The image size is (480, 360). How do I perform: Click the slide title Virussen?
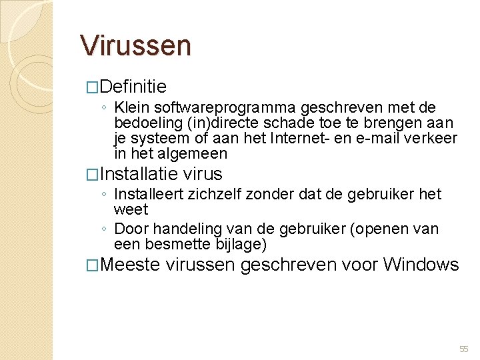pos(135,45)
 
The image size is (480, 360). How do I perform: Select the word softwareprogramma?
pos(227,107)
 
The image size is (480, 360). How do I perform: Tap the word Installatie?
pos(139,174)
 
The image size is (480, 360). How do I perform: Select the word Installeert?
pos(152,194)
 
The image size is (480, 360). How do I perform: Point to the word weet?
pos(131,209)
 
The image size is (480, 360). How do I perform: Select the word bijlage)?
pos(241,245)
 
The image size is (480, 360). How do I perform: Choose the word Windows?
pos(421,265)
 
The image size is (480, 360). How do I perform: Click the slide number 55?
pos(464,349)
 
